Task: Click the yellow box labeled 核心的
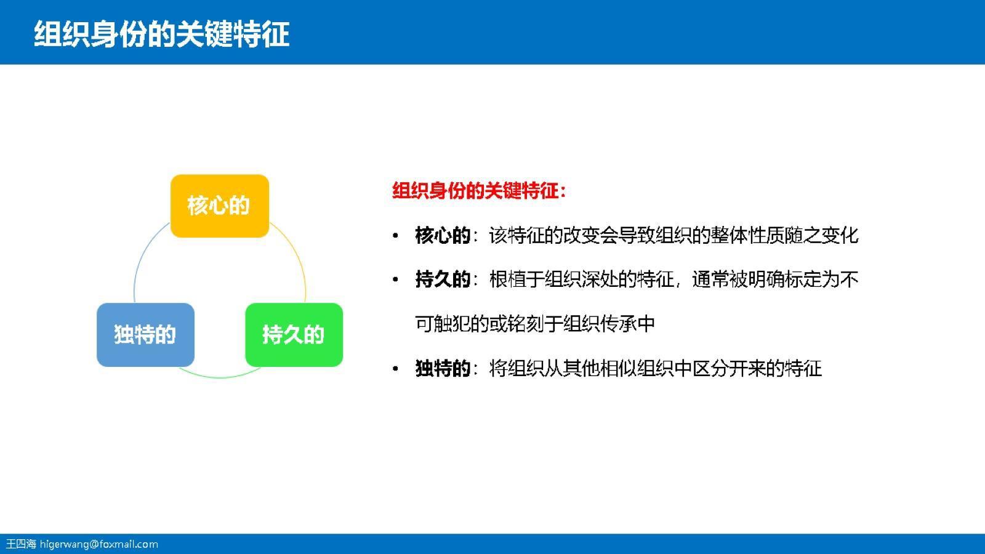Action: coord(219,206)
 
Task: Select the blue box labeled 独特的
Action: coord(145,335)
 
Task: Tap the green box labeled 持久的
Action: coord(294,335)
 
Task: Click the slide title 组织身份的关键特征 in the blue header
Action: coord(161,34)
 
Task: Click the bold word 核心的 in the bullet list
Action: coord(442,235)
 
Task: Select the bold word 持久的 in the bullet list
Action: coord(442,279)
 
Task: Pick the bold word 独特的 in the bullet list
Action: coord(442,369)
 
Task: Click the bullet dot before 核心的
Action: coord(396,236)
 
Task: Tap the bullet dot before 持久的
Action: coord(396,280)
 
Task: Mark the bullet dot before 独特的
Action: coord(396,369)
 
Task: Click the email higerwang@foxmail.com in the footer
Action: coord(99,544)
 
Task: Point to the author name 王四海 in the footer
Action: coord(21,544)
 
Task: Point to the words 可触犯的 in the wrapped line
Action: coord(452,324)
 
